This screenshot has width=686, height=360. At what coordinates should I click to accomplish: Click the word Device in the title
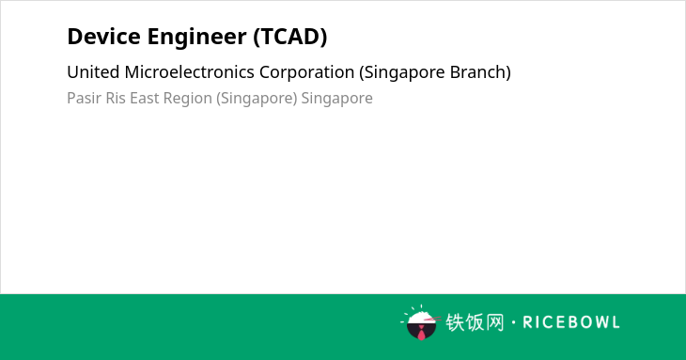click(104, 37)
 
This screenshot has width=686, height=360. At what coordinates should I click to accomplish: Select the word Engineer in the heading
click(197, 37)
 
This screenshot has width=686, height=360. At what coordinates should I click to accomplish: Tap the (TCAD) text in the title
click(290, 37)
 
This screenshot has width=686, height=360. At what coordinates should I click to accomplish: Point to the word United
click(93, 72)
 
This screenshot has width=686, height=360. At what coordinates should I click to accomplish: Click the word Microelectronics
click(189, 72)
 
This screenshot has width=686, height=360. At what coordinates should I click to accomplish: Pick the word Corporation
click(306, 72)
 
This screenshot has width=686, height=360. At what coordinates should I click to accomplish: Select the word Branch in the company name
click(480, 72)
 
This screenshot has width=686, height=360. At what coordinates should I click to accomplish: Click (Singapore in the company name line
click(402, 72)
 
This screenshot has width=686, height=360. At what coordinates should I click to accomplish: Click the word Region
click(188, 99)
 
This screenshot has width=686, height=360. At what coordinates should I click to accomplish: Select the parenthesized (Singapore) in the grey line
click(257, 99)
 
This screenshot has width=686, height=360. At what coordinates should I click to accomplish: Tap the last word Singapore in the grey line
click(336, 99)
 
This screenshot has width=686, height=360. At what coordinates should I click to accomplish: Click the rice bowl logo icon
click(420, 322)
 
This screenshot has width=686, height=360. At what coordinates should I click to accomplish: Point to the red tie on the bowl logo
click(421, 334)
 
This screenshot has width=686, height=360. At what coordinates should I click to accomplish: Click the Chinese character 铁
click(455, 322)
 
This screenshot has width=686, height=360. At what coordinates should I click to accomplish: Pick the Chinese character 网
click(494, 322)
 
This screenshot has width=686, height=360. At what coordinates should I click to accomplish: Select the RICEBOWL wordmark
click(571, 322)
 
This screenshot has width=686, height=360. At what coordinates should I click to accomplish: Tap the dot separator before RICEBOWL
click(514, 322)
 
